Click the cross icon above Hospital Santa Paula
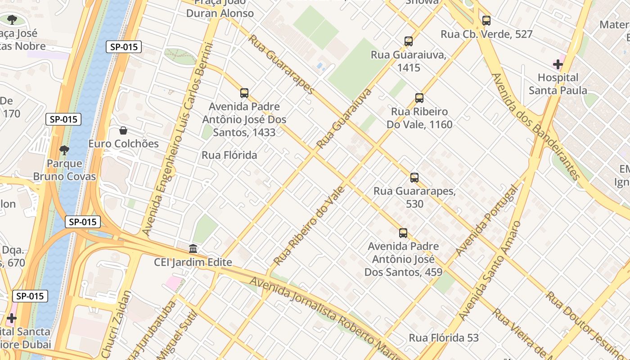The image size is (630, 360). tap(558, 64)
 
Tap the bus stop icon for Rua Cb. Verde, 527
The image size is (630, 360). tap(486, 20)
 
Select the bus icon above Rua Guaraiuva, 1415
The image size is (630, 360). tap(409, 41)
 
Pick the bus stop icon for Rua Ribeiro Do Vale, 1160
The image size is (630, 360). tap(419, 98)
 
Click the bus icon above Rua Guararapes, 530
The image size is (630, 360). tap(414, 177)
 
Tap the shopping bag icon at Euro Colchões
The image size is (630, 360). tap(123, 130)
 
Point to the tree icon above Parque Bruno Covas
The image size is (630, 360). tap(64, 150)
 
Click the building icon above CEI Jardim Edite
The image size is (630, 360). tap(193, 248)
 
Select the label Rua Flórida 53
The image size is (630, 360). tap(443, 337)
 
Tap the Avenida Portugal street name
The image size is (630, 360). tap(486, 220)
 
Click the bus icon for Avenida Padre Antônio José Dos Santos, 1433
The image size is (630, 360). tap(244, 93)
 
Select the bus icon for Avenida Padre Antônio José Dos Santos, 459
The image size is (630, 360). tap(403, 233)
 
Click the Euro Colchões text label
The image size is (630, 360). tap(123, 144)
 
